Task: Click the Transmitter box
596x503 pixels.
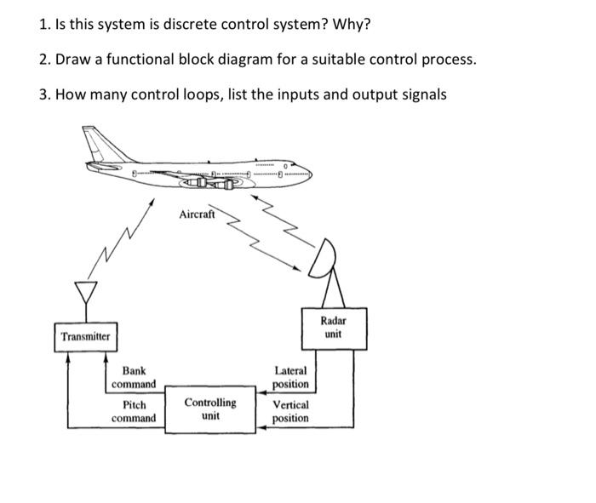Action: click(x=85, y=336)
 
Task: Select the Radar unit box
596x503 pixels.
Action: click(x=333, y=329)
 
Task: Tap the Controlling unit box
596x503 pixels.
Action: click(x=210, y=409)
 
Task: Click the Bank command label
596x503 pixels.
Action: click(x=133, y=377)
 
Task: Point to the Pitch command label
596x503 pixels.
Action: click(x=134, y=411)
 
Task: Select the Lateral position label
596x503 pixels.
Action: click(x=290, y=377)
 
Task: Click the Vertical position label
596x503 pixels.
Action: click(x=290, y=411)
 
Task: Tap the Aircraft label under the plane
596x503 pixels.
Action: click(x=198, y=215)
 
